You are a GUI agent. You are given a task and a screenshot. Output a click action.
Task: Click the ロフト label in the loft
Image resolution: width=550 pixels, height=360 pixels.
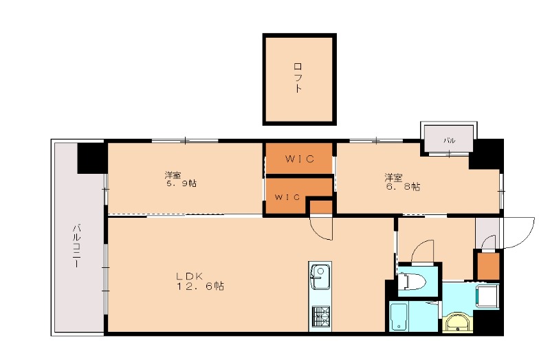[298, 78]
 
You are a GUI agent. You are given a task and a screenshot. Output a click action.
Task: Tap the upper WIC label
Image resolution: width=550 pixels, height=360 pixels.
[300, 159]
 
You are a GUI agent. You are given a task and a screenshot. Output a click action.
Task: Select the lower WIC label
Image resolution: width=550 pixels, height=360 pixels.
[288, 197]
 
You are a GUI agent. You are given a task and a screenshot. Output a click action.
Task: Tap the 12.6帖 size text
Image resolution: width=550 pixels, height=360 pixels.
[199, 286]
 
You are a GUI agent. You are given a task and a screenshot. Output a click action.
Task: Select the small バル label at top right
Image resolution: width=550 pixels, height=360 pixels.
[449, 140]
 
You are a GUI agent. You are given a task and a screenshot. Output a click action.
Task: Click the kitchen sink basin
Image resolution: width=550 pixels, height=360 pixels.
[320, 278]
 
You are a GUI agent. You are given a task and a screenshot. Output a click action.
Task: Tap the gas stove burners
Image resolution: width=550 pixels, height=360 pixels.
[320, 316]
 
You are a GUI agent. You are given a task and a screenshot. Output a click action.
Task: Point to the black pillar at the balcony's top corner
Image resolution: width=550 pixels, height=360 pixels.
[91, 158]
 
